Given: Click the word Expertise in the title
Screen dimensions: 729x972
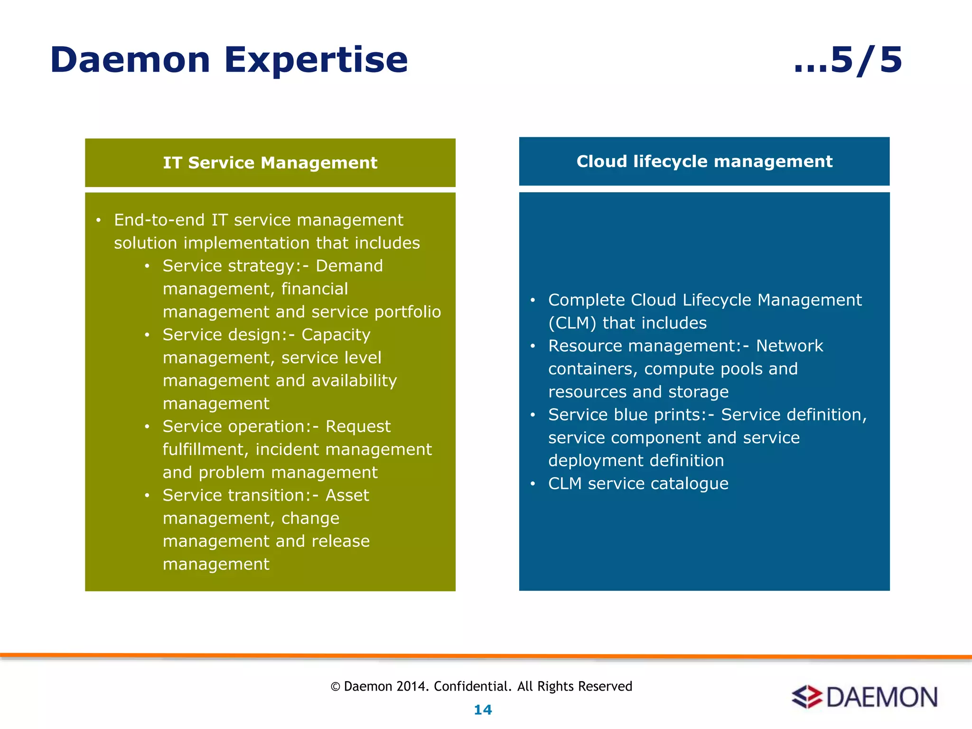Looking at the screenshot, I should [316, 60].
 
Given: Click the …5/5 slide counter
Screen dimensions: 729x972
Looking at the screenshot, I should [848, 60].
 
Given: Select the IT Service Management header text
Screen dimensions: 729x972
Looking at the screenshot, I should [270, 163].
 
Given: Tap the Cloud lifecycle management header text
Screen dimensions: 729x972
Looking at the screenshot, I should [704, 161].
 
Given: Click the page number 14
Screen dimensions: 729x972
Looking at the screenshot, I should [483, 710].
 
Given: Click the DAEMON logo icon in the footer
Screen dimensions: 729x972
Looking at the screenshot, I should [806, 697].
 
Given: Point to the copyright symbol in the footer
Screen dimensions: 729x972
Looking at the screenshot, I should [336, 687].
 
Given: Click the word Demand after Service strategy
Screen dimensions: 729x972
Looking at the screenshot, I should [349, 266].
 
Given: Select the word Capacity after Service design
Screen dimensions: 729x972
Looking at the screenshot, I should [336, 335].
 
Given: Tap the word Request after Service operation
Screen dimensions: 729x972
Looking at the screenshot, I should [358, 426].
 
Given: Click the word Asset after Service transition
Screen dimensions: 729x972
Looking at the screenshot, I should [347, 495].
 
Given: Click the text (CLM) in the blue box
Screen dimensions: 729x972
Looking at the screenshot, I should [572, 323].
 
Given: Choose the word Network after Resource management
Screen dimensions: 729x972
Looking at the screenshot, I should [789, 346].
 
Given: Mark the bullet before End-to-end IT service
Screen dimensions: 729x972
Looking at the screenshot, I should [98, 220].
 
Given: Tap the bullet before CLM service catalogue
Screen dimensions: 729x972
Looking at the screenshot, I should [533, 484].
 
